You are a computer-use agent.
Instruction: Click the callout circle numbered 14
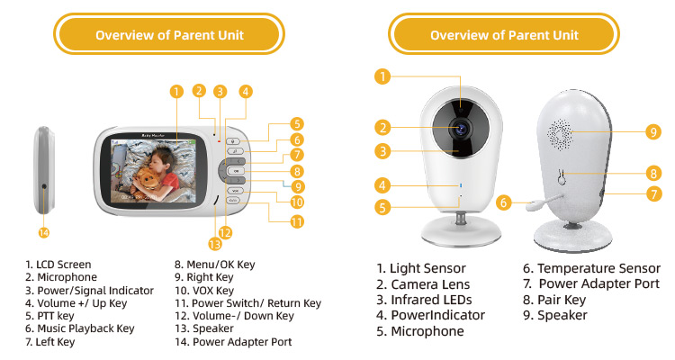44,233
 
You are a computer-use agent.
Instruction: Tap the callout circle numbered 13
214,245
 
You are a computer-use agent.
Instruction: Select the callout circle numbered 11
297,222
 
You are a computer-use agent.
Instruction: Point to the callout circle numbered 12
225,233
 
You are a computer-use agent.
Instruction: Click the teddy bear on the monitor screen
148,181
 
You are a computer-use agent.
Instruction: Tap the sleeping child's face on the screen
157,160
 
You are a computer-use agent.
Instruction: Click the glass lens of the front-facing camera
461,128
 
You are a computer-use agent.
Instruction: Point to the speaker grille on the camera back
560,133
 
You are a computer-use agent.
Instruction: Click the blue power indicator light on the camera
461,185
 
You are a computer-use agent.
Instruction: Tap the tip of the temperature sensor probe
530,206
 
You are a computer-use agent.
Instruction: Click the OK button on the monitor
236,171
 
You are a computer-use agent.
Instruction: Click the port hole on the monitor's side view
44,187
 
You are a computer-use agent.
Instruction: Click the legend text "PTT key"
49,316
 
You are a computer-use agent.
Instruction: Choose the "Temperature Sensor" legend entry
591,268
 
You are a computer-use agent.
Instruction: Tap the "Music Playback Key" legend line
79,328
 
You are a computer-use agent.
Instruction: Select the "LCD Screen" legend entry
58,265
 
